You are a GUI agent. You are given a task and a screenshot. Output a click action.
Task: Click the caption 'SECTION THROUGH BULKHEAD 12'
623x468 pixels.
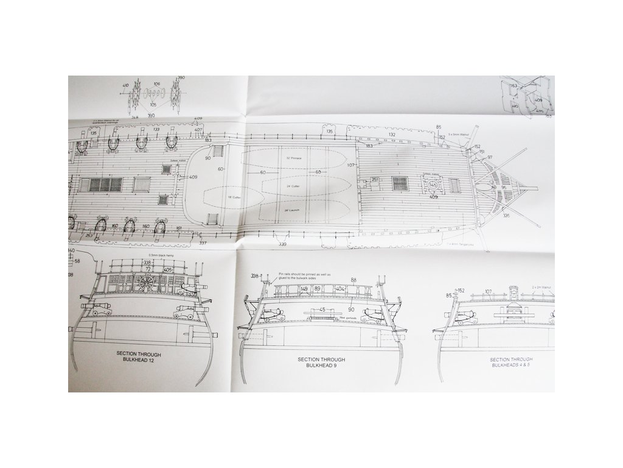[137, 357]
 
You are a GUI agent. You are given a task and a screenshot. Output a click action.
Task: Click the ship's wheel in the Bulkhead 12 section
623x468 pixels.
[147, 284]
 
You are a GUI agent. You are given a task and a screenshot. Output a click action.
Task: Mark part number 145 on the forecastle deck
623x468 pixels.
[433, 184]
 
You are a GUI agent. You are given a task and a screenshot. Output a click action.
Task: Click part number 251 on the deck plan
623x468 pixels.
[375, 179]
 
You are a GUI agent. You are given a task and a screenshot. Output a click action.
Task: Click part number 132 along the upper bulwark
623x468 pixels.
[392, 134]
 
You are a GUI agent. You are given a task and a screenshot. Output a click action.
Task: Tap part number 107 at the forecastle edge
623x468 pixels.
[350, 165]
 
